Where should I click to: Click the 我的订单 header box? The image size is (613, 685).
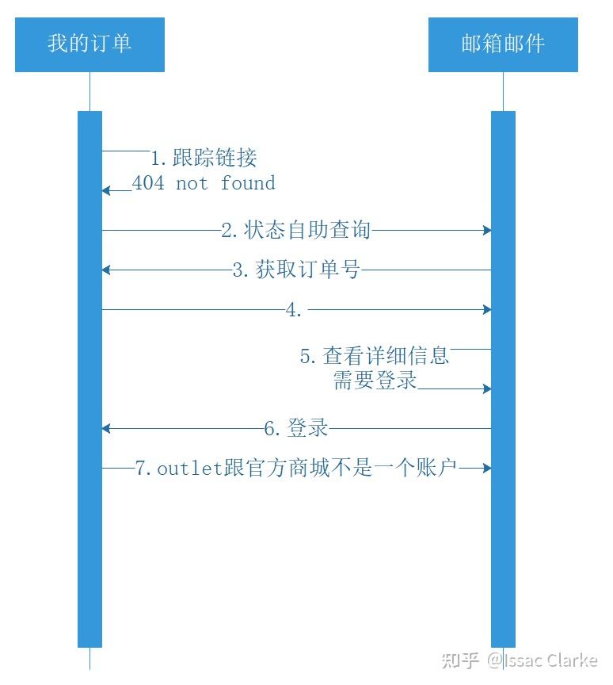[x=89, y=44]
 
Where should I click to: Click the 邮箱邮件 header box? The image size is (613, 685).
[x=503, y=44]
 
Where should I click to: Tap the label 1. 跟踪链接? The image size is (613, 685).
[x=204, y=158]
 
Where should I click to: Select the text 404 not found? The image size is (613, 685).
[x=204, y=182]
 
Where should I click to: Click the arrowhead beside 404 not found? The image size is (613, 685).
[x=106, y=190]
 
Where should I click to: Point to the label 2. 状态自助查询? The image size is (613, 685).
[x=296, y=230]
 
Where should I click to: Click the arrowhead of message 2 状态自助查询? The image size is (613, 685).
[x=487, y=230]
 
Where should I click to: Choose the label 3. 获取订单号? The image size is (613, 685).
[x=297, y=270]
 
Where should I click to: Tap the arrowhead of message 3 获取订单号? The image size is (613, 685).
[x=106, y=270]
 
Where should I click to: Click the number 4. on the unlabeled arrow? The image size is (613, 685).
[x=294, y=310]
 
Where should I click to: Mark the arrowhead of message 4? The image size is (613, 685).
[x=487, y=310]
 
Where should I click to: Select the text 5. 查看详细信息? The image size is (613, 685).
[x=375, y=356]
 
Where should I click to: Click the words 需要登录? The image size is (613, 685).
[x=375, y=380]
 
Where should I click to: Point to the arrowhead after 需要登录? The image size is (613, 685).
[x=487, y=388]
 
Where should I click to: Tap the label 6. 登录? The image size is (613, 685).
[x=296, y=427]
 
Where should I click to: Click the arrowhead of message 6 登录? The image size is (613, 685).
[x=106, y=429]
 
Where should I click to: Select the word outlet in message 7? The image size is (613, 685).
[x=190, y=469]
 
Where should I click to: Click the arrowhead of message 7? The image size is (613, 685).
[x=487, y=469]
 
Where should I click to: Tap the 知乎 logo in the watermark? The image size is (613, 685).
[x=459, y=660]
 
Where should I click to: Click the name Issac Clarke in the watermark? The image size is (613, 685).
[x=550, y=660]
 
